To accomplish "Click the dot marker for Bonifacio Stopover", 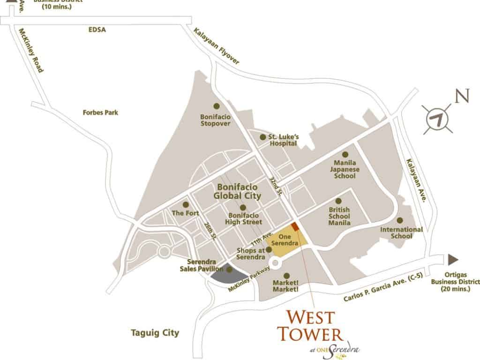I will (216, 106).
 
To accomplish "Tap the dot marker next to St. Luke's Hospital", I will (262, 137).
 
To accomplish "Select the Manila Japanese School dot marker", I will (345, 154).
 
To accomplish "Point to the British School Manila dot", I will (338, 201).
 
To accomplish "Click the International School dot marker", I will (400, 220).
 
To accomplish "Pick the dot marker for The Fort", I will (186, 205).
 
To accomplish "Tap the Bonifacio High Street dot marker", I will (243, 208).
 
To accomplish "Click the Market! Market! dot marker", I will (287, 276).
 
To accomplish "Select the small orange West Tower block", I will (295, 226).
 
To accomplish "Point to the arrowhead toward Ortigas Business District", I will (453, 260).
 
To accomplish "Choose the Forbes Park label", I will (100, 112).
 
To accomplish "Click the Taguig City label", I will (155, 333).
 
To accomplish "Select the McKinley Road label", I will (31, 50).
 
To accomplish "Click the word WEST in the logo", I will (305, 319).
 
